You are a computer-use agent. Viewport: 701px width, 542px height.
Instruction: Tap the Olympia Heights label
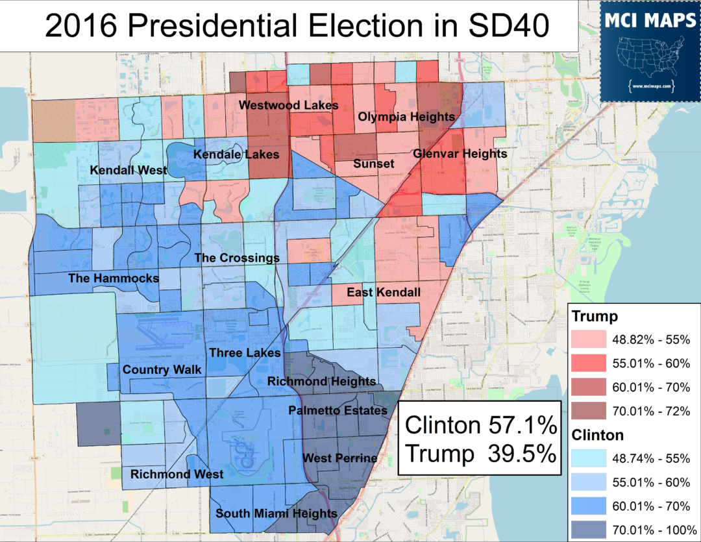[x=406, y=117]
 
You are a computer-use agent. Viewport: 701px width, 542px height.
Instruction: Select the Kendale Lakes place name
[x=236, y=154]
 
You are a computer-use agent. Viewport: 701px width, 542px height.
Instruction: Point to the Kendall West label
[x=128, y=171]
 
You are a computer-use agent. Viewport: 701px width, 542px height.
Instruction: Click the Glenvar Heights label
[x=460, y=154]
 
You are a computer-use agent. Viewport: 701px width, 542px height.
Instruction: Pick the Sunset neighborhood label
[x=373, y=164]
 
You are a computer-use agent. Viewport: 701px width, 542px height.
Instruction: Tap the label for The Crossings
[x=237, y=258]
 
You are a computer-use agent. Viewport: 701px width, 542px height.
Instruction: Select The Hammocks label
[x=114, y=278]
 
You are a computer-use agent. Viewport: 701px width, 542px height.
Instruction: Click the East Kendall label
[x=384, y=292]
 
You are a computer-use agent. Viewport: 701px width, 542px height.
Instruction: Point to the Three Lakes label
[x=245, y=353]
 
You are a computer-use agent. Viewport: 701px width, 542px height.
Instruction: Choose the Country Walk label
[x=162, y=370]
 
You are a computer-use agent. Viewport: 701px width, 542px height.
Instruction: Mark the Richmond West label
[x=177, y=474]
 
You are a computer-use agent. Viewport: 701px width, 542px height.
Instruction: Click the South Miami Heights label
[x=276, y=514]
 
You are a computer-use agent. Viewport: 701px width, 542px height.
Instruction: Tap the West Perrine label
[x=340, y=458]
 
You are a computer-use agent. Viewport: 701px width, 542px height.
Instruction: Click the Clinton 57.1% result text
[x=480, y=426]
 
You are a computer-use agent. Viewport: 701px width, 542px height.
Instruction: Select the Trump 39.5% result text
[x=480, y=454]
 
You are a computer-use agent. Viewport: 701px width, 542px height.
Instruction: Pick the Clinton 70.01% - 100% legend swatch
[x=588, y=530]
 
